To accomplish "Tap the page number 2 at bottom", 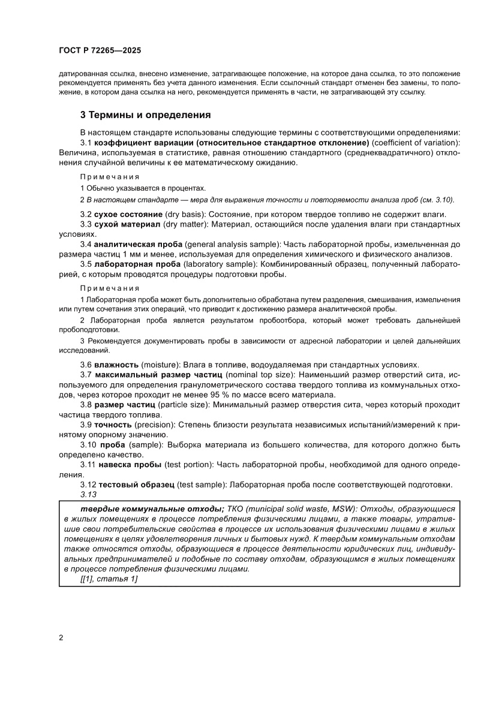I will click(61, 637).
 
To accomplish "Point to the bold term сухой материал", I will click(127, 224).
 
